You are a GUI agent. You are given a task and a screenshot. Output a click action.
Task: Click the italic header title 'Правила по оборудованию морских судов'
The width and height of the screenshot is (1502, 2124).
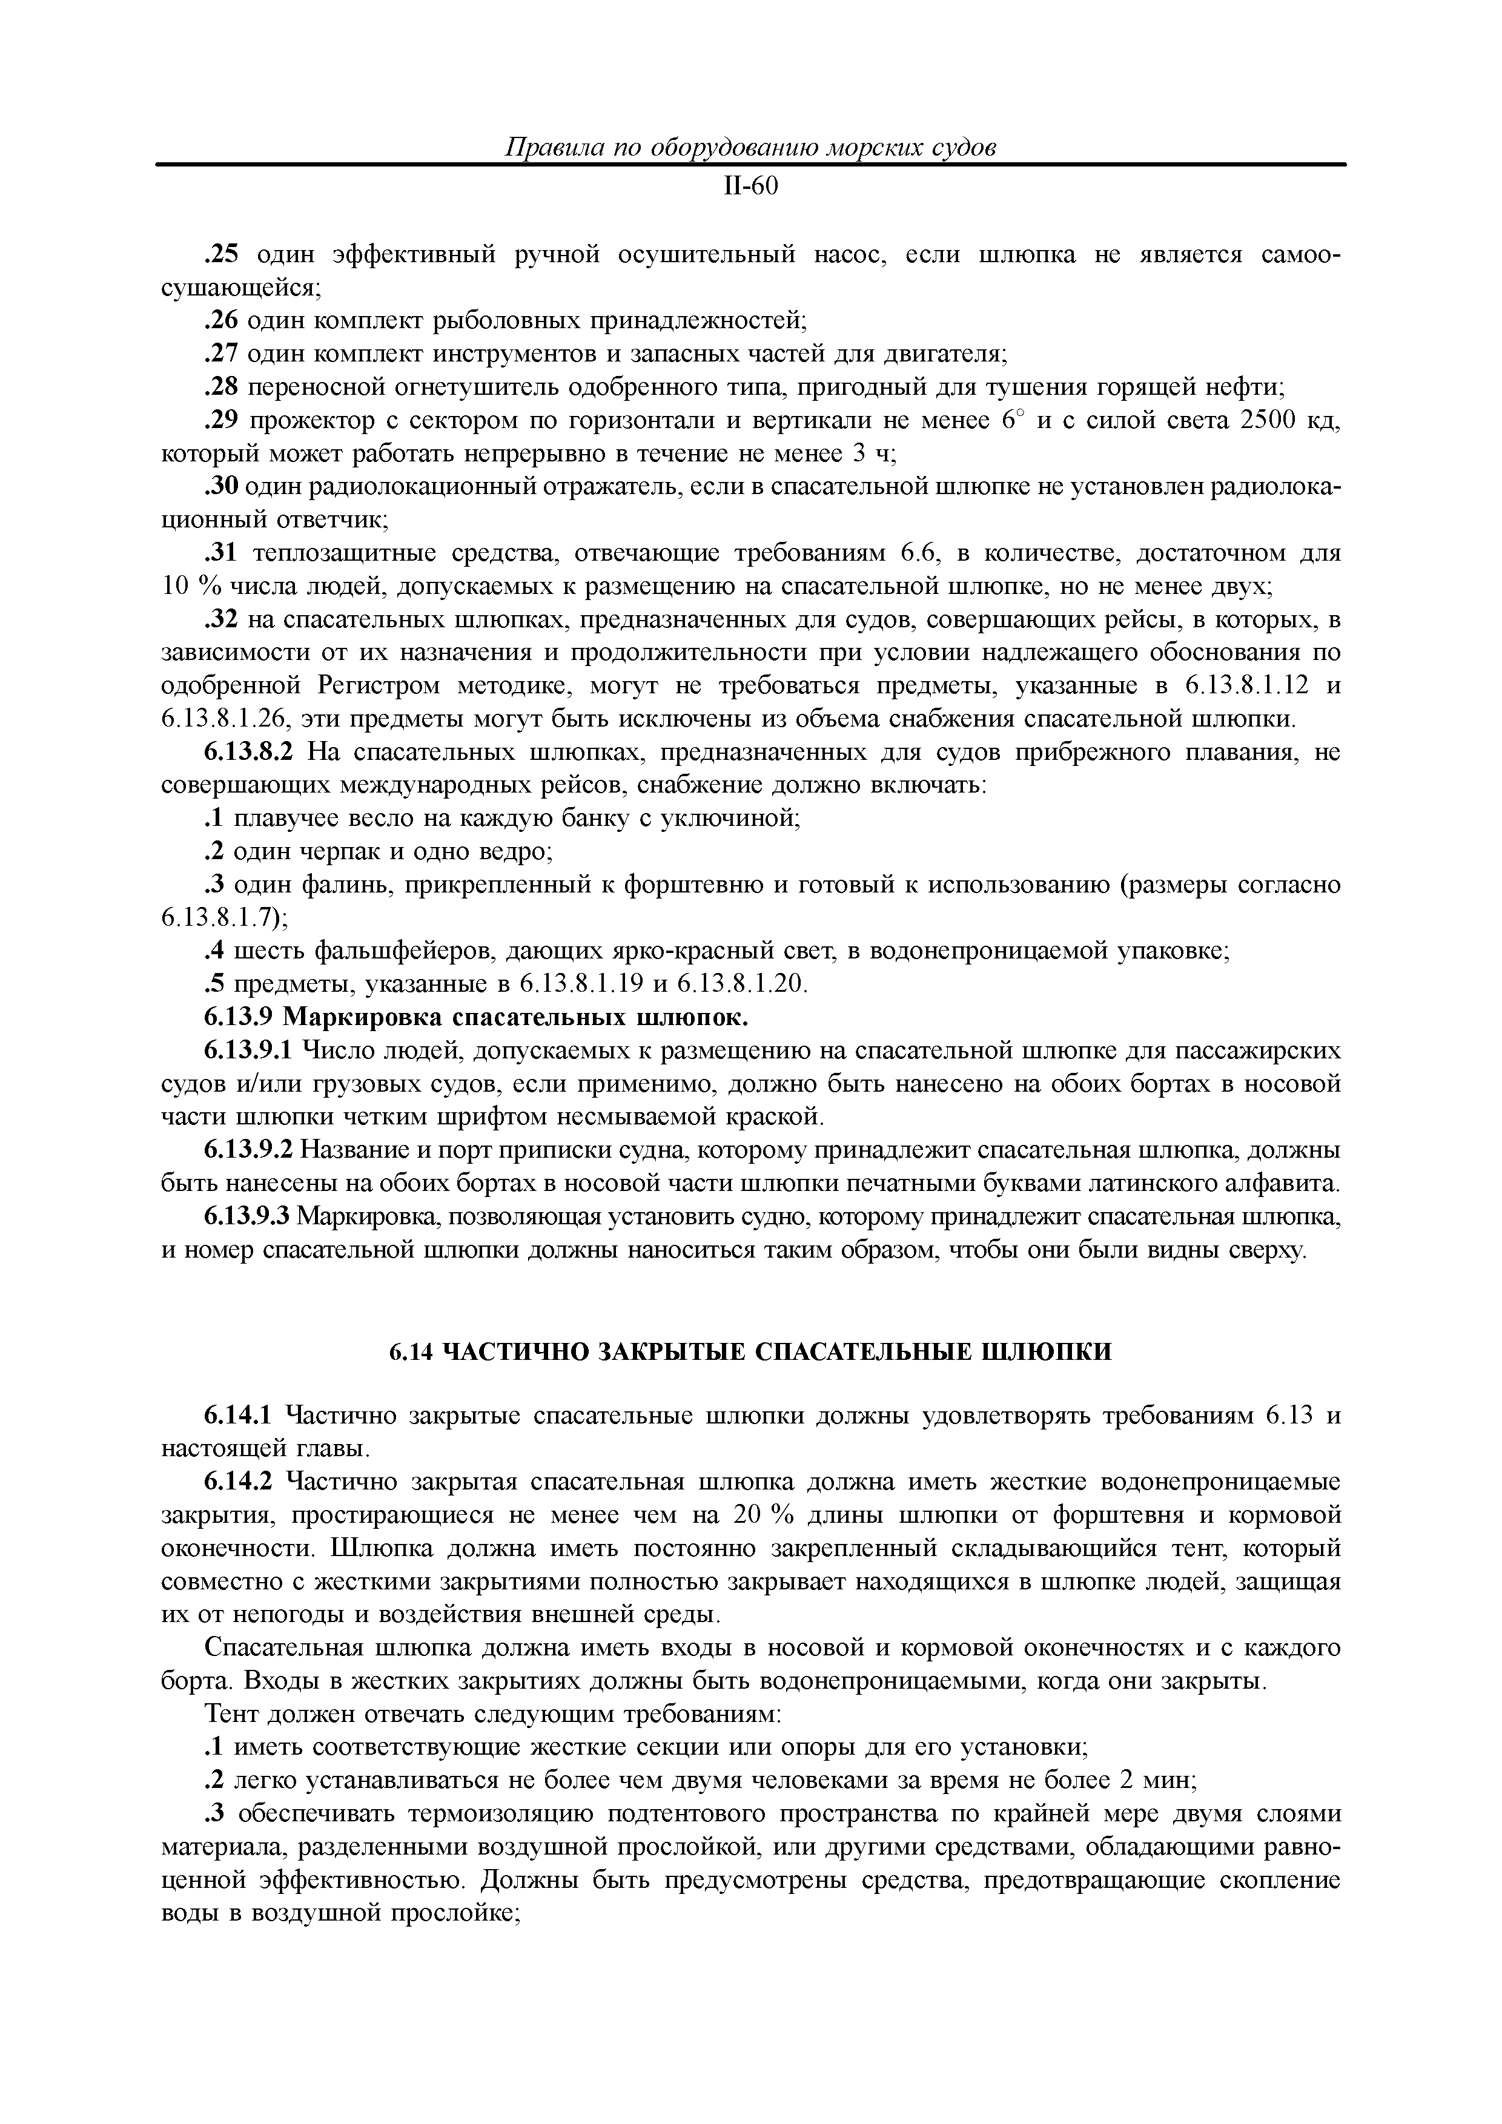pyautogui.click(x=750, y=147)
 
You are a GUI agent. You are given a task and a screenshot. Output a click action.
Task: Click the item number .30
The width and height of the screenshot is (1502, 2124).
pyautogui.click(x=221, y=487)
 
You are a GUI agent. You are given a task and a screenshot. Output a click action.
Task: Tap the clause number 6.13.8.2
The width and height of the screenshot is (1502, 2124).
pyautogui.click(x=248, y=752)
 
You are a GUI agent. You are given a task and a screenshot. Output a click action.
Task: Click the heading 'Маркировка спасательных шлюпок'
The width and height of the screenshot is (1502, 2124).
pyautogui.click(x=514, y=1018)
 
